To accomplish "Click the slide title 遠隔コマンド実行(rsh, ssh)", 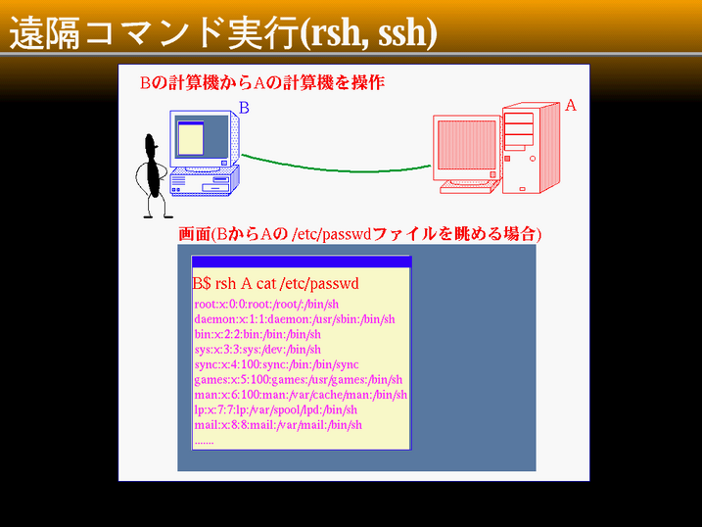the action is [223, 32].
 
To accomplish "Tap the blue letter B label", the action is [244, 108].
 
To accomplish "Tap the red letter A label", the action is [571, 105].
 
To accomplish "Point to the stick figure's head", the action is [151, 142].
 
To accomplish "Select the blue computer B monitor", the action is [204, 140].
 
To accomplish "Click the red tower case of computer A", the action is [531, 148].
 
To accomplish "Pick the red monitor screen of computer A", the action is [466, 145].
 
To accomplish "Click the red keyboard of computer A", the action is [468, 188].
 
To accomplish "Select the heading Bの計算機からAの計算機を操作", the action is [262, 83].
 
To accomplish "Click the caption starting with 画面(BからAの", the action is [359, 234].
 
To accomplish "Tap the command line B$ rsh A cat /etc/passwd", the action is [276, 283].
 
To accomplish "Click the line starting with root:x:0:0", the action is [266, 305].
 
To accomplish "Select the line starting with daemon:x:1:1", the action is [295, 319].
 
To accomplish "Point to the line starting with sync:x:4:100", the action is [277, 364].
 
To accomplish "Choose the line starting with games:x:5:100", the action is [299, 380].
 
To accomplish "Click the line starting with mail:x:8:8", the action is [278, 425].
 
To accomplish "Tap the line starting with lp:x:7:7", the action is [276, 409].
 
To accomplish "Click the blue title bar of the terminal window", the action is [302, 262].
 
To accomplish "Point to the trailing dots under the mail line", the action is [205, 443].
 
